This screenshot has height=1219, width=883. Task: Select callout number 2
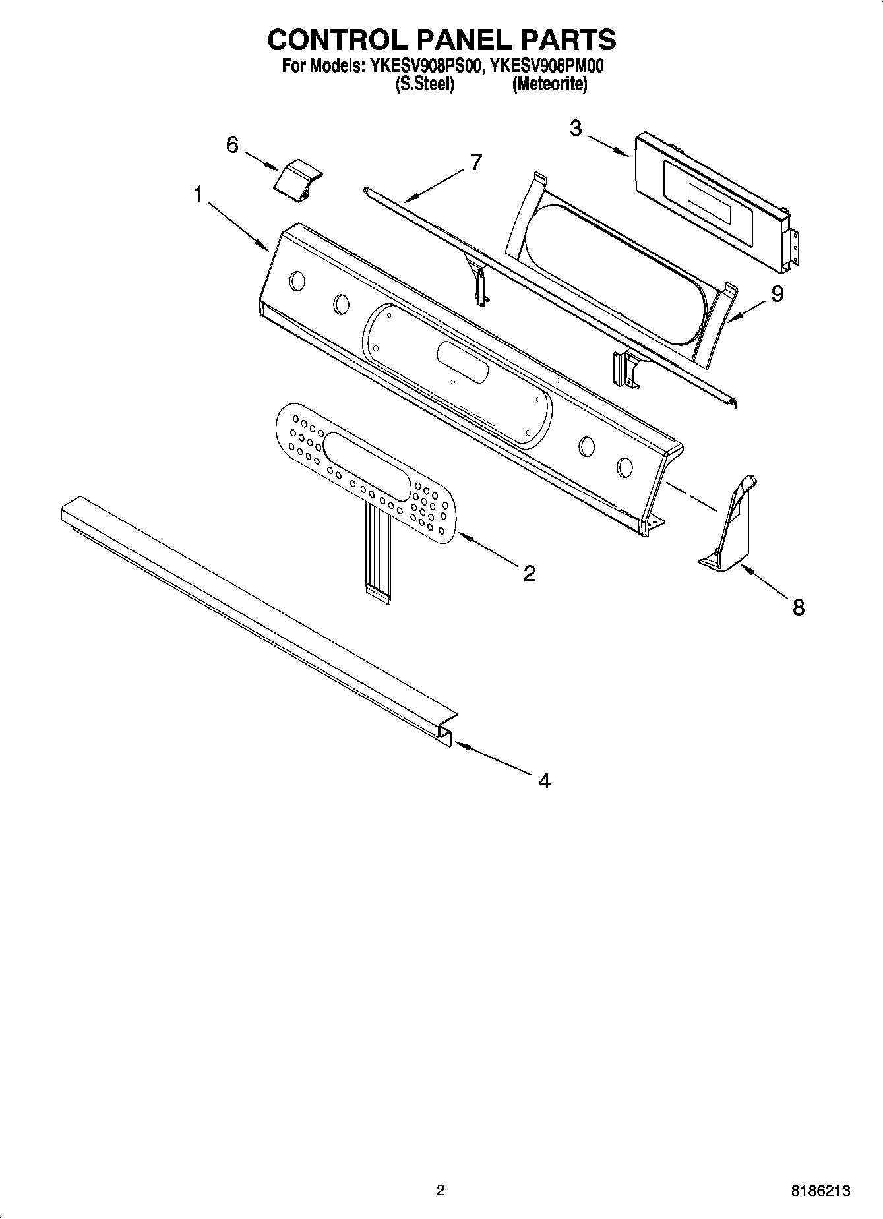pos(529,573)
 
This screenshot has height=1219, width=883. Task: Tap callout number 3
pos(576,128)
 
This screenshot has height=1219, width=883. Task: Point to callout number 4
pos(543,781)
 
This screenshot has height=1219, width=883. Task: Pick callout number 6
pos(232,144)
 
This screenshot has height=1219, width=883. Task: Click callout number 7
pos(475,162)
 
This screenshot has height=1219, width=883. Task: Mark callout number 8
pos(798,607)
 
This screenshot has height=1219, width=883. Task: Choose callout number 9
pos(777,293)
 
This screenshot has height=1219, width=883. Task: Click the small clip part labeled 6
pos(297,177)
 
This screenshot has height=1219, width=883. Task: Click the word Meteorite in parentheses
pos(550,84)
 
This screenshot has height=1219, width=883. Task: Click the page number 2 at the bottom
pos(441,1190)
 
